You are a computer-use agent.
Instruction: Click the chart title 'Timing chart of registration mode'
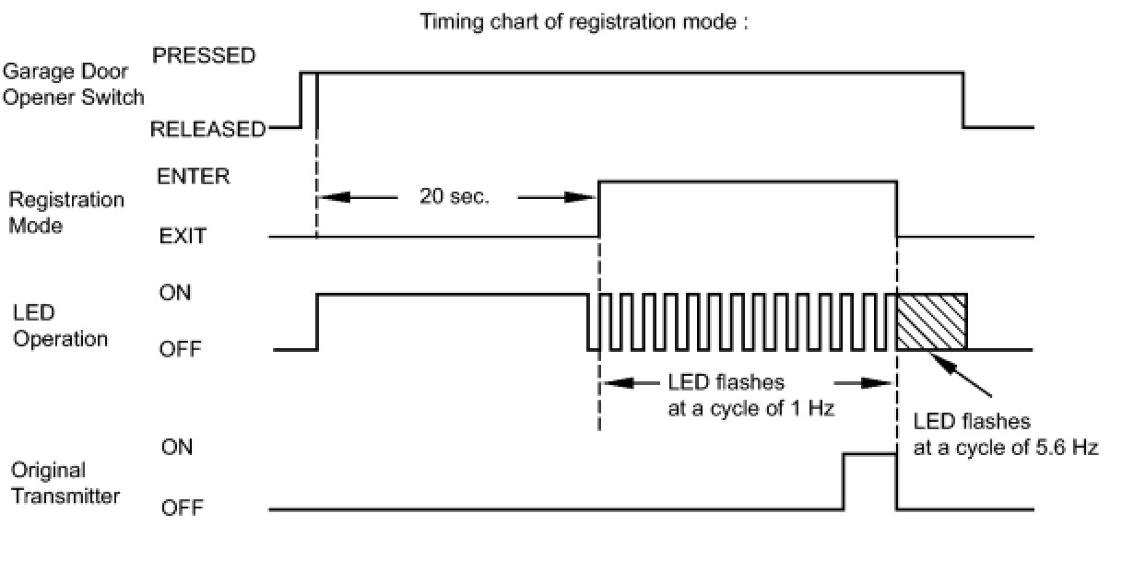pyautogui.click(x=584, y=22)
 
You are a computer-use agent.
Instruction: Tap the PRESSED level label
pyautogui.click(x=204, y=56)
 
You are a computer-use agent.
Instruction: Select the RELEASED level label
pyautogui.click(x=207, y=130)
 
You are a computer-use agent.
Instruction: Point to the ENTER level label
pyautogui.click(x=194, y=177)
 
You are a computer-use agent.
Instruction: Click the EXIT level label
pyautogui.click(x=183, y=237)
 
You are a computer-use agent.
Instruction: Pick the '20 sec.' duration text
pyautogui.click(x=455, y=197)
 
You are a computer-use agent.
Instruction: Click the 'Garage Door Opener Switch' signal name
pyautogui.click(x=74, y=84)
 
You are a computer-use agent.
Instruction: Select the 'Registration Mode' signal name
pyautogui.click(x=66, y=213)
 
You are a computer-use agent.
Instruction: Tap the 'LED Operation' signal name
pyautogui.click(x=61, y=327)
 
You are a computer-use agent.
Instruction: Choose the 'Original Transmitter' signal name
pyautogui.click(x=65, y=484)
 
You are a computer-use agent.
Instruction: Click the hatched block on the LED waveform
pyautogui.click(x=931, y=322)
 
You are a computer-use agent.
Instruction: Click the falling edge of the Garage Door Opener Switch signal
pyautogui.click(x=964, y=99)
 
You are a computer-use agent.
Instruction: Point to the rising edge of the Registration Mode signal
pyautogui.click(x=599, y=208)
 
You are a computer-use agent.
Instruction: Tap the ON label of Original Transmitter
pyautogui.click(x=177, y=448)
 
